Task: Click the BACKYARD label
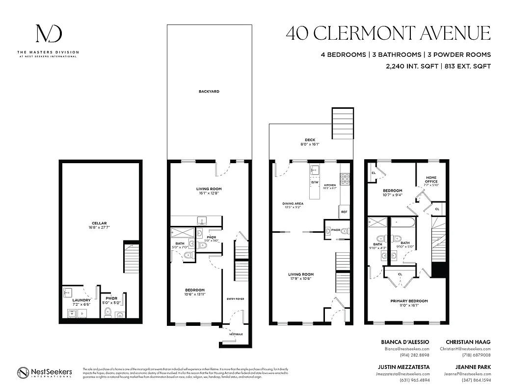[x=209, y=92]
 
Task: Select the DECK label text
[x=310, y=140]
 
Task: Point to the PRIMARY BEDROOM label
[x=409, y=301]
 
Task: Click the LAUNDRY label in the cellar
[x=81, y=300]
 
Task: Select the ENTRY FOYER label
[x=235, y=299]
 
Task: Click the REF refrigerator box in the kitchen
[x=344, y=212]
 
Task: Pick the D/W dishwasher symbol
[x=315, y=183]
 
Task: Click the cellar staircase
[x=131, y=260]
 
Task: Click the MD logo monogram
[x=48, y=34]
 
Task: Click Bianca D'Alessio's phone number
[x=416, y=355]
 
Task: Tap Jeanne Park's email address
[x=468, y=373]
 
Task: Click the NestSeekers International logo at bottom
[x=45, y=372]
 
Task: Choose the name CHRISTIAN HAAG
[x=468, y=342]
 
